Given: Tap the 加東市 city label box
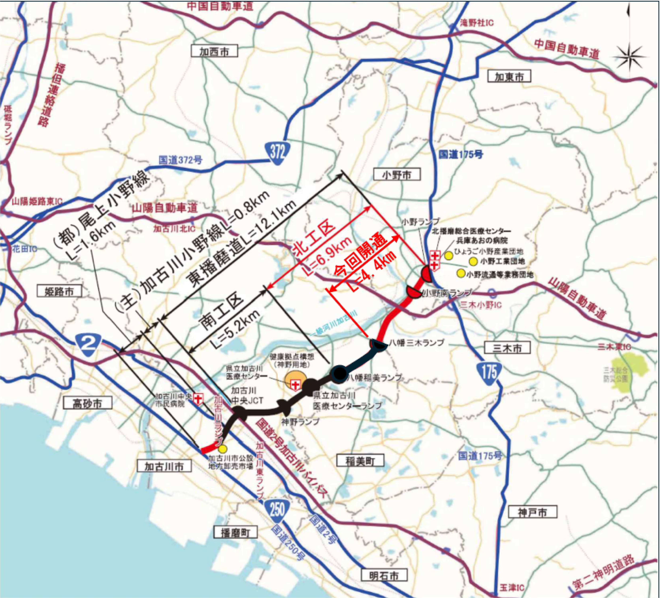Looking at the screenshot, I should pyautogui.click(x=509, y=76).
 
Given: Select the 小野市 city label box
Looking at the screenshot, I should pyautogui.click(x=397, y=175).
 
